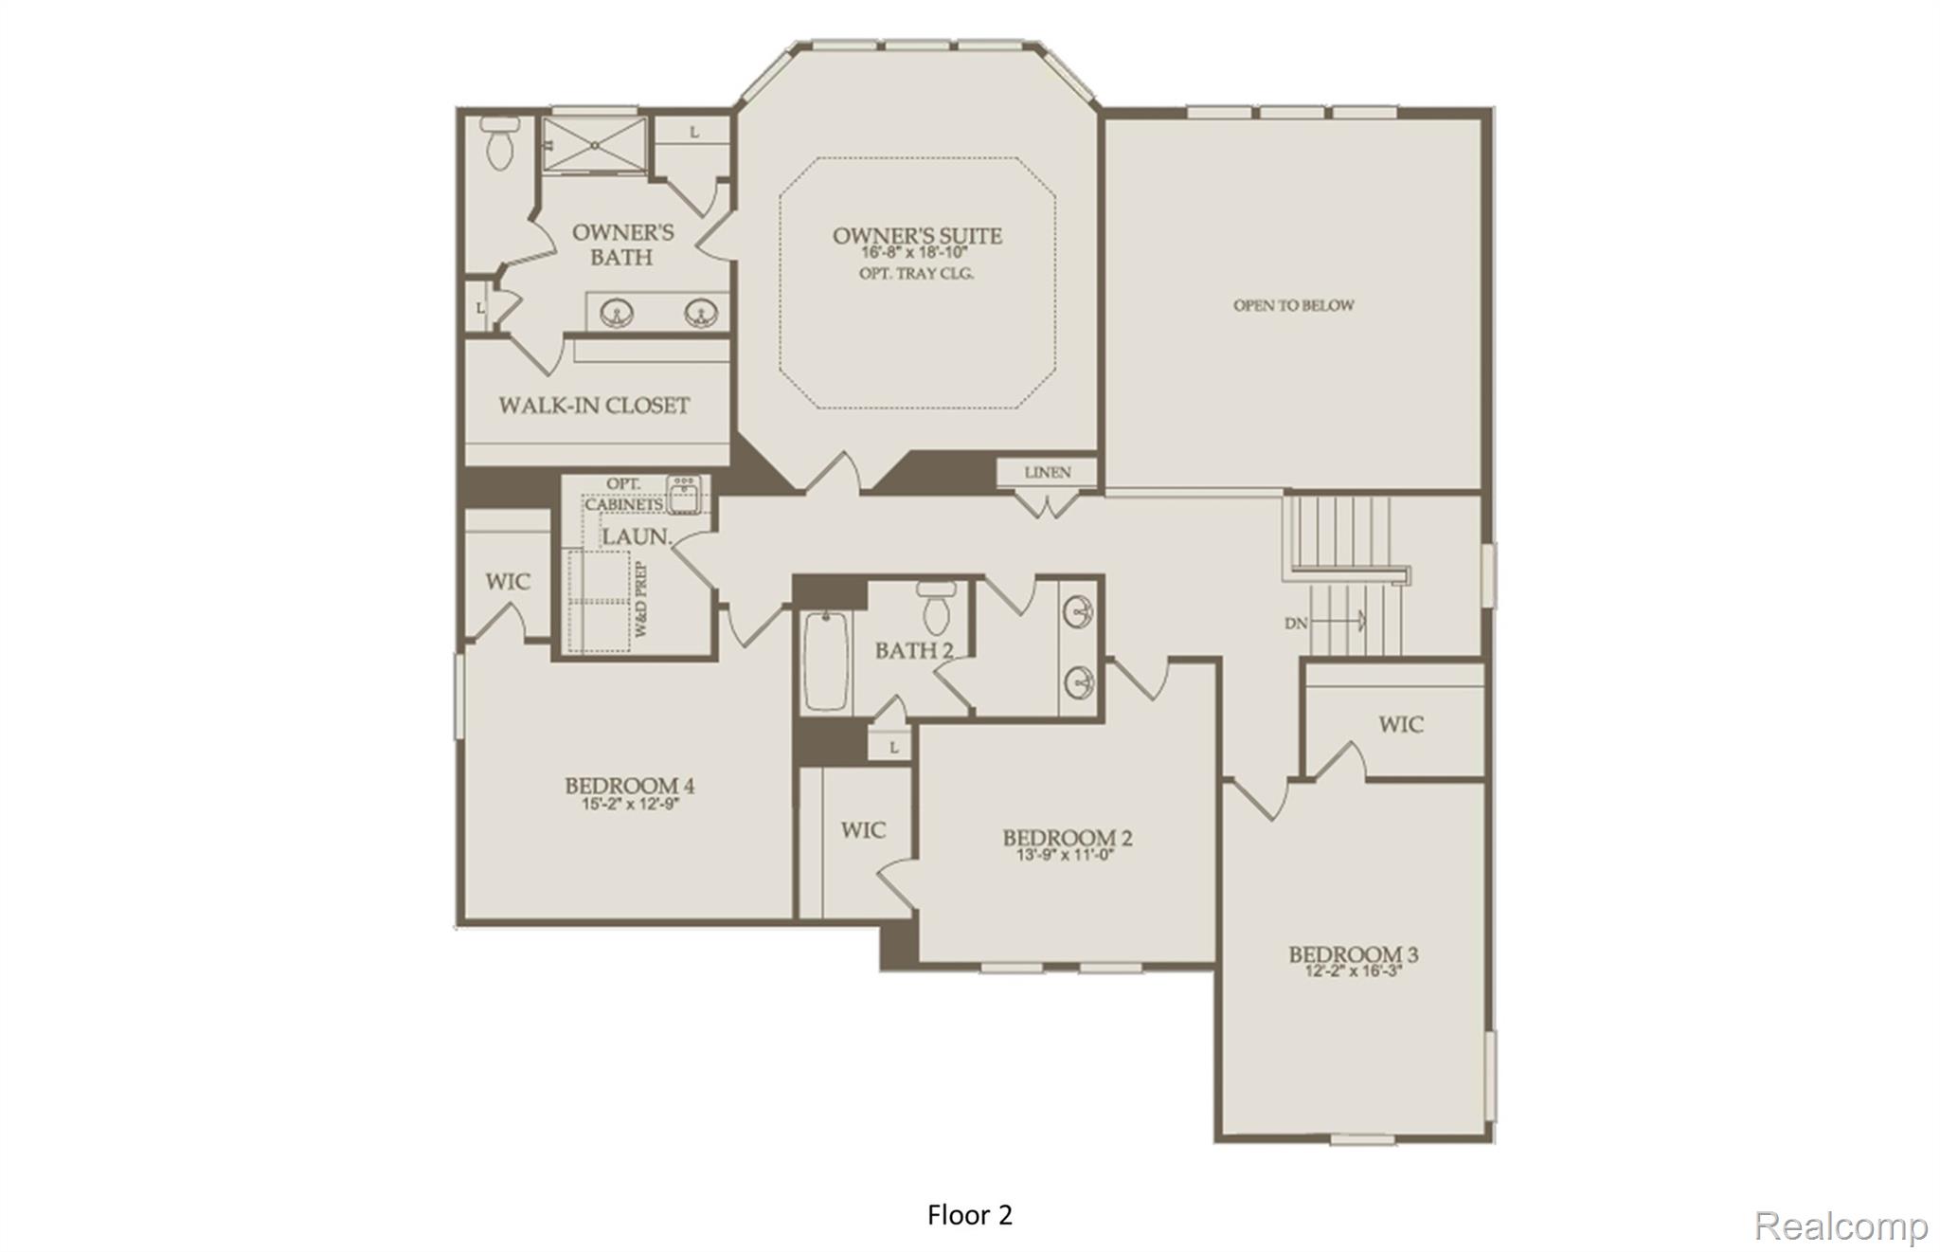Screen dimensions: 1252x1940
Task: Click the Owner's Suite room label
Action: point(916,235)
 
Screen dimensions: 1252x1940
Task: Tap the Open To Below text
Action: point(1293,305)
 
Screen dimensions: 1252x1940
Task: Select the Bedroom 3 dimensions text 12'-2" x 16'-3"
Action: point(1353,971)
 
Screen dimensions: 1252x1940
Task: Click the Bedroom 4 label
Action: point(629,785)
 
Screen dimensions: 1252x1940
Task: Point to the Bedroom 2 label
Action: point(1067,837)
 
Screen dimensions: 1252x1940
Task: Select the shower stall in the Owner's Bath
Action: point(594,145)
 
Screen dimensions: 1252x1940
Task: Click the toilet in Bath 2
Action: point(936,608)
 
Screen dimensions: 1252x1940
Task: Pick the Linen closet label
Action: point(1047,472)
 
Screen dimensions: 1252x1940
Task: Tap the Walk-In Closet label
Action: point(594,406)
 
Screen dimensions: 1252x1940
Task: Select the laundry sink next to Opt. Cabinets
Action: point(684,493)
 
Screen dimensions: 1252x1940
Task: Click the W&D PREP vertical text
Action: point(641,599)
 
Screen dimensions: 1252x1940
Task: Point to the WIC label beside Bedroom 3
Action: point(1400,725)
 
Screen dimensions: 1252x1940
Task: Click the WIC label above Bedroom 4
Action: point(508,581)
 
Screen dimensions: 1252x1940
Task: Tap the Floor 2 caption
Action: point(969,1215)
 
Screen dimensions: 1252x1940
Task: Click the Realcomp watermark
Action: point(1840,1226)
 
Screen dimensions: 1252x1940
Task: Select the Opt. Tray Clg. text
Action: point(916,274)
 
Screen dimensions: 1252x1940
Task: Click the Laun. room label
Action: point(636,536)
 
